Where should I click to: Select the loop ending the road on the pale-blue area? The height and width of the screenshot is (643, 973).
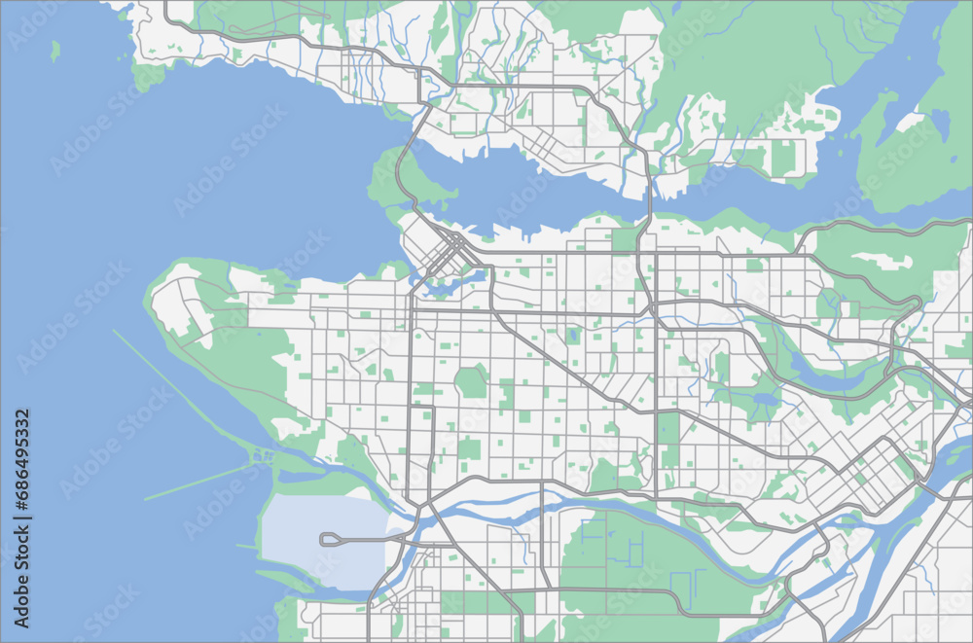[330, 538]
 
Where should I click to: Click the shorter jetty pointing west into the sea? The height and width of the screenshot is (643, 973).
[199, 481]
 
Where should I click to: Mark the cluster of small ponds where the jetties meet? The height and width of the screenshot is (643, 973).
[261, 455]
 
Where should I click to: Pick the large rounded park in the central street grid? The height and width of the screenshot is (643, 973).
[472, 380]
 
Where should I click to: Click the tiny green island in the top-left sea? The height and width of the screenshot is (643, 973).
[55, 49]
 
